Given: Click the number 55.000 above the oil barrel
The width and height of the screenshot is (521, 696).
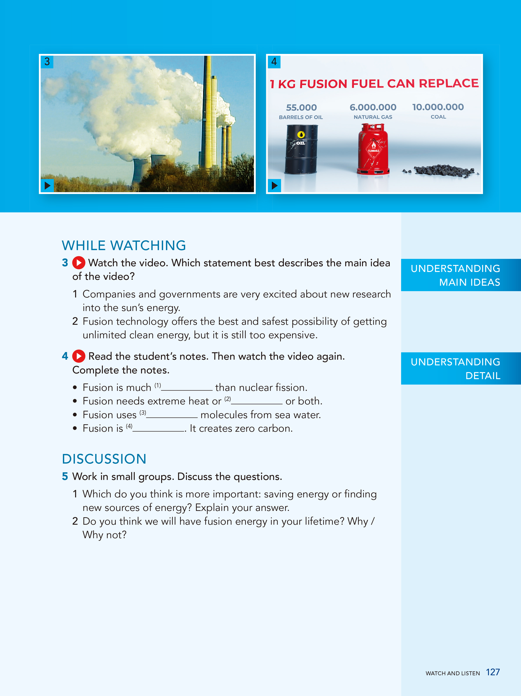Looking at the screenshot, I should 301,108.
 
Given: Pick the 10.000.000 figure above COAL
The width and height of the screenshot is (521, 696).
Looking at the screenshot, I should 438,107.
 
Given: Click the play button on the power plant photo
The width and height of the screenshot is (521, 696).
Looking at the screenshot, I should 47,185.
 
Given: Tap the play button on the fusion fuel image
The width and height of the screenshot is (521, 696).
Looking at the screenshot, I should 274,185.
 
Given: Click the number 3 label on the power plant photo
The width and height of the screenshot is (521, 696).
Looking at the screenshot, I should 47,62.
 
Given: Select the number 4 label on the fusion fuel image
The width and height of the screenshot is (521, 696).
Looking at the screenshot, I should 274,62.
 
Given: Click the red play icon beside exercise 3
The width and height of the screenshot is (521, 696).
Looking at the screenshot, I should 79,263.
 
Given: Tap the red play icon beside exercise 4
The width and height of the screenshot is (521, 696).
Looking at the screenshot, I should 79,356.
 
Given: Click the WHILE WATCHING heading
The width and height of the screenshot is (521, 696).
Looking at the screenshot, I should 124,246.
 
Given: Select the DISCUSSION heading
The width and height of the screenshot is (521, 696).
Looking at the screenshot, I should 104,459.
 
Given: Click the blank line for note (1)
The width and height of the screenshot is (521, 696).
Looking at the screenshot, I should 187,389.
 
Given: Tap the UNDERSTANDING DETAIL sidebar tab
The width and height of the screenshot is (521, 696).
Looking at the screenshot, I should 461,368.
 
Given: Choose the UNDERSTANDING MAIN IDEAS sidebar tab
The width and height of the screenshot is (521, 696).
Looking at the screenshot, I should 461,275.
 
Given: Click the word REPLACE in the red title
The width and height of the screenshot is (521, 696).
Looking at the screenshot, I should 449,83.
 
